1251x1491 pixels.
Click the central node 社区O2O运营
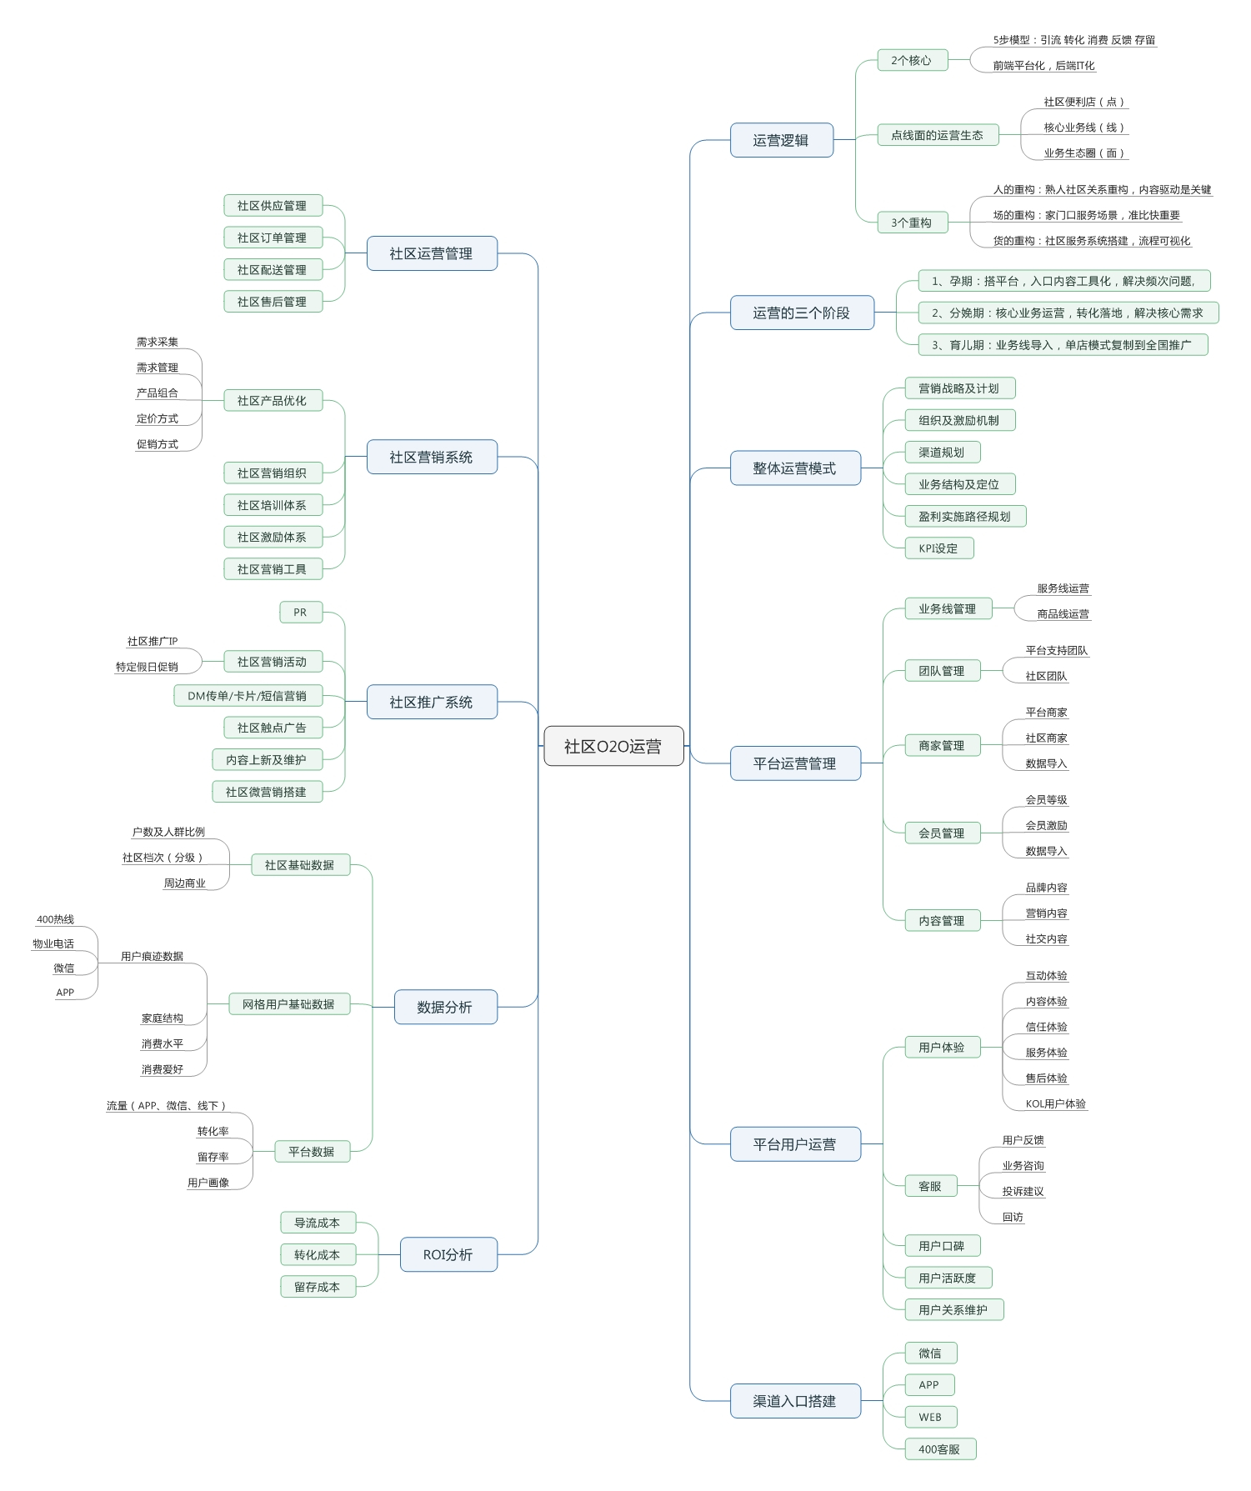[x=613, y=746]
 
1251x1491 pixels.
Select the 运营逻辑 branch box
[x=781, y=140]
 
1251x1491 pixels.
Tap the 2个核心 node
[x=912, y=60]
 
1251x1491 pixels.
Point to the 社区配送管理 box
[x=273, y=270]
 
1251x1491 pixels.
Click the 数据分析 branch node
[x=445, y=1007]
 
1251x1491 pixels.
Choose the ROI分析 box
[x=448, y=1254]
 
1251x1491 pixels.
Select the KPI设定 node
[x=938, y=548]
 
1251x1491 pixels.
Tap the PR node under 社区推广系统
[x=300, y=613]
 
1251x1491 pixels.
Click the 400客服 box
[x=939, y=1449]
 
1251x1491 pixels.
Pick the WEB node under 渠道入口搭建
[x=930, y=1417]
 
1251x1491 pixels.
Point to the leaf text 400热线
[x=56, y=919]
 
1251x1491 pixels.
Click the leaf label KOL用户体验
[x=1055, y=1103]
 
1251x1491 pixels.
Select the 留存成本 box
[x=318, y=1287]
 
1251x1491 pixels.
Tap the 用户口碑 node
[x=942, y=1246]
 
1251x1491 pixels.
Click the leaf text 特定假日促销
[x=147, y=667]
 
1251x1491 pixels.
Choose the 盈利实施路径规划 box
[x=964, y=517]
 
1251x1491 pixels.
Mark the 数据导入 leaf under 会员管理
[x=1046, y=851]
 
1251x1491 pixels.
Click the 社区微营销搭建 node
[x=267, y=792]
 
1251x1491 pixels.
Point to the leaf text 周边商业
[x=184, y=883]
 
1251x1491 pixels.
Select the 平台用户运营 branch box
[x=794, y=1144]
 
